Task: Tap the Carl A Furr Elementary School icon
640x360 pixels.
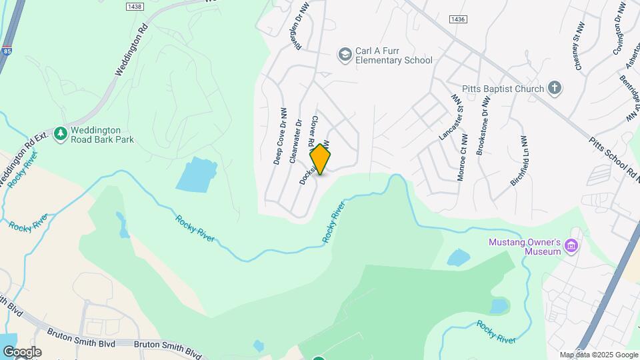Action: point(345,53)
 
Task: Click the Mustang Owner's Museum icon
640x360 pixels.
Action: point(571,247)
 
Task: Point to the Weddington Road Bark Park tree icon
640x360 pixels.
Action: point(61,134)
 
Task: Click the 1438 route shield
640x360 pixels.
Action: point(135,5)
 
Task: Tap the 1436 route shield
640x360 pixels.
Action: point(457,19)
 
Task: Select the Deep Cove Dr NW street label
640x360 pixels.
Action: point(281,136)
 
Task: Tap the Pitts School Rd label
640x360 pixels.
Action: point(612,159)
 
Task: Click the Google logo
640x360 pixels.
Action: point(22,352)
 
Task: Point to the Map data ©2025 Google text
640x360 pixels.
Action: point(599,355)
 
